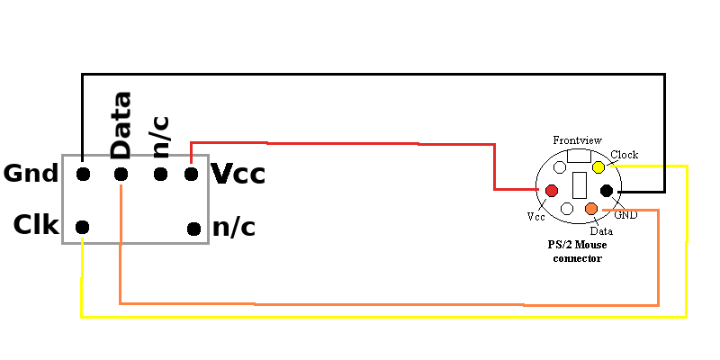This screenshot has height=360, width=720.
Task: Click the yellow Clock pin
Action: pyautogui.click(x=598, y=167)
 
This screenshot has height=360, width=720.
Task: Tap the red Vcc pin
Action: pyautogui.click(x=551, y=191)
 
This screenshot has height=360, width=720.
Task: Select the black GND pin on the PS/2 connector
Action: pyautogui.click(x=607, y=190)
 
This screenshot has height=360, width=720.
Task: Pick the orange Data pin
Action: pyautogui.click(x=591, y=210)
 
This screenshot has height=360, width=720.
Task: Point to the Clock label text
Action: pyautogui.click(x=624, y=155)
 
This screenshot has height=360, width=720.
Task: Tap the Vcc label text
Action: pyautogui.click(x=535, y=217)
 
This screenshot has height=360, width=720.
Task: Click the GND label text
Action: pyautogui.click(x=625, y=217)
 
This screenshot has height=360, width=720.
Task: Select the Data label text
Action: pyautogui.click(x=601, y=230)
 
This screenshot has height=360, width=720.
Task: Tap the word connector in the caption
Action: pyautogui.click(x=577, y=258)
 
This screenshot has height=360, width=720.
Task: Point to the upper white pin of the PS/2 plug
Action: pyautogui.click(x=560, y=167)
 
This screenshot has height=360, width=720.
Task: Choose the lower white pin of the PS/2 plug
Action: pyautogui.click(x=567, y=209)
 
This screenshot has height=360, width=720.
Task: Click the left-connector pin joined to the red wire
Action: pyautogui.click(x=191, y=174)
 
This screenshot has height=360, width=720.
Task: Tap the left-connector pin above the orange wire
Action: pyautogui.click(x=121, y=174)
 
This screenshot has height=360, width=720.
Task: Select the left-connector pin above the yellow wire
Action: pyautogui.click(x=83, y=227)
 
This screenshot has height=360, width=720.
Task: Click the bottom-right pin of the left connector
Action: pyautogui.click(x=193, y=228)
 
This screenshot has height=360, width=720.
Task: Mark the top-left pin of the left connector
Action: pyautogui.click(x=83, y=174)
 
